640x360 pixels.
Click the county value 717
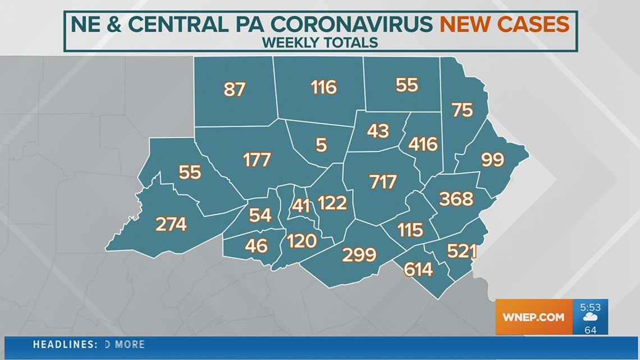point(383,182)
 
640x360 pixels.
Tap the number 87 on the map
point(234,89)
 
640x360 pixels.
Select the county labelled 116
point(324,87)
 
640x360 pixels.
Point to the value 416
point(423,144)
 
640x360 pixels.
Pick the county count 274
point(171,225)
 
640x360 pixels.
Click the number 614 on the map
point(418,270)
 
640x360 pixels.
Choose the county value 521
point(461,251)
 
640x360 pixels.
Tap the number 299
point(359,255)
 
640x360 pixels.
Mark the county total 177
point(257,160)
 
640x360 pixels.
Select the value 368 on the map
point(456,199)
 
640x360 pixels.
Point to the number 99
point(493,161)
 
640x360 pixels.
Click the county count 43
point(378,131)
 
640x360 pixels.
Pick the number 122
point(332,203)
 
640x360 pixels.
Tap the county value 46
point(257,245)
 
